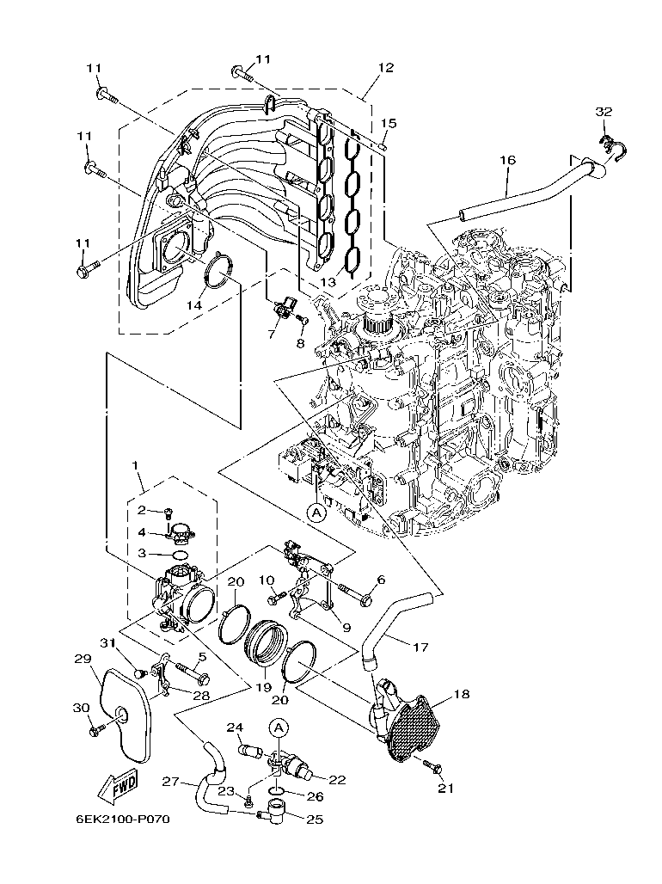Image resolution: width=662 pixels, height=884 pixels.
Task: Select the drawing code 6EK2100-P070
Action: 121,819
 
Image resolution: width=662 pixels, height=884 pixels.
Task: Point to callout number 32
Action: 604,112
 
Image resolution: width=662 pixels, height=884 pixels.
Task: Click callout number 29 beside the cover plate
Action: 82,659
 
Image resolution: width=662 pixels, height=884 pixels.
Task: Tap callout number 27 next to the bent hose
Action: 170,782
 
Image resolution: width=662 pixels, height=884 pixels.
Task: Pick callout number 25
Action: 314,820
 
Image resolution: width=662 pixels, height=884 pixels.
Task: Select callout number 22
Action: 336,780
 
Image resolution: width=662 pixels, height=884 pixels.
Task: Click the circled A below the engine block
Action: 316,512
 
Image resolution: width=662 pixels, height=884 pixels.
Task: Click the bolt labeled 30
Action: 95,730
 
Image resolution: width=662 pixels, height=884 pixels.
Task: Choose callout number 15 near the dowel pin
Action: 388,124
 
